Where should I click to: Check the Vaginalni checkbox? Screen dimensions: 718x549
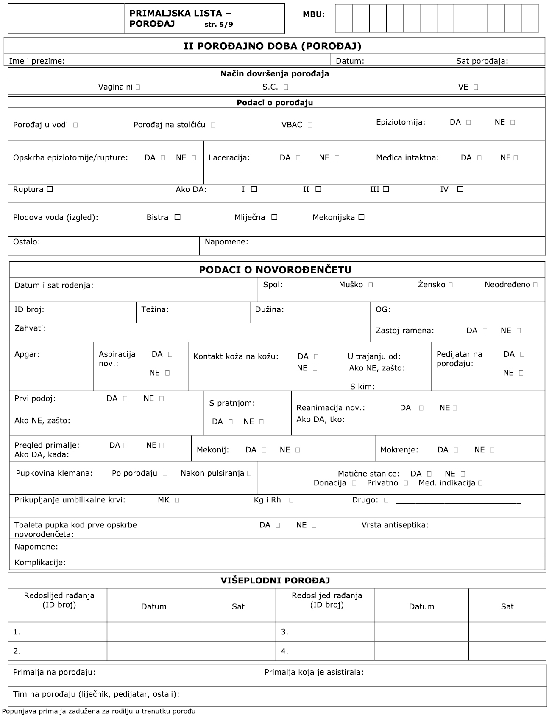point(138,87)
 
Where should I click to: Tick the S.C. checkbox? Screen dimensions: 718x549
point(286,87)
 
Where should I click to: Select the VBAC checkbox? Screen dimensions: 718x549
point(310,125)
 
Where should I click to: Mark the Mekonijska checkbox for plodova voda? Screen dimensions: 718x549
point(361,217)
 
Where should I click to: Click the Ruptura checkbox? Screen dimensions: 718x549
point(50,189)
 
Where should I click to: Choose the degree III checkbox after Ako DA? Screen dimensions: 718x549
point(386,189)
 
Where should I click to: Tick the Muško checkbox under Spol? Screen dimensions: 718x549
point(371,285)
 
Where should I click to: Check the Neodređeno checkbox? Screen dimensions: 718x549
point(536,285)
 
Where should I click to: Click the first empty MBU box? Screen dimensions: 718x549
point(344,18)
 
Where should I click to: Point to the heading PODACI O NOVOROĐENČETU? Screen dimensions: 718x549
point(275,270)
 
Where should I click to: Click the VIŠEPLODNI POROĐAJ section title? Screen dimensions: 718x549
point(275,581)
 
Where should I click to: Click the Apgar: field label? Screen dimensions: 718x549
point(27,354)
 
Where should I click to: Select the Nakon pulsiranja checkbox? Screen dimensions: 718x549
point(249,473)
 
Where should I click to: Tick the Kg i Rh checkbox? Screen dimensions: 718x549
point(291,500)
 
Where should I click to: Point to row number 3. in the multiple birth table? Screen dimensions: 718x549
point(284,632)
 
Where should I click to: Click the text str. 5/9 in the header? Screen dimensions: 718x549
point(218,25)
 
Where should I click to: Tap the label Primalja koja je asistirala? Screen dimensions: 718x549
point(314,672)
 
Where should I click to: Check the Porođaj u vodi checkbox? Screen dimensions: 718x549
point(75,125)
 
